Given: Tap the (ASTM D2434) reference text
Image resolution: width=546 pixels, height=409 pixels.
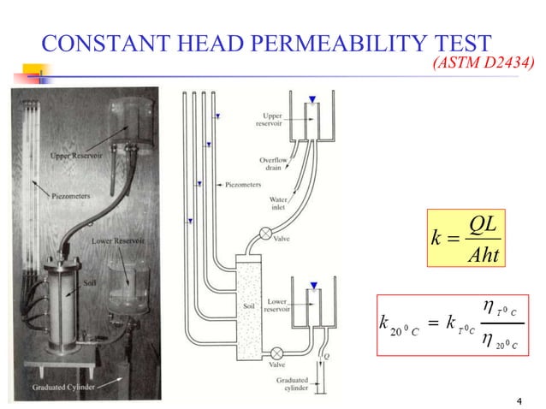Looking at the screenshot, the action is point(485,62).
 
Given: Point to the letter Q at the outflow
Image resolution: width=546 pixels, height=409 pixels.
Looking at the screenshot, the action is point(320,359).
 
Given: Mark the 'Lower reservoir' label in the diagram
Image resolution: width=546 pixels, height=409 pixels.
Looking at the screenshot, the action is point(280,305).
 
